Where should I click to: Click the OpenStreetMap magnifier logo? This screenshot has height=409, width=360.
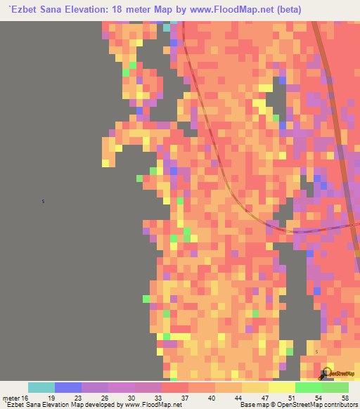[x=326, y=374]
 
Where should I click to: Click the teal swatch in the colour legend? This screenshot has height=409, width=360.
[x=41, y=387]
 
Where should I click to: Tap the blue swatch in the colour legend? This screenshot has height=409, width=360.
[x=68, y=387]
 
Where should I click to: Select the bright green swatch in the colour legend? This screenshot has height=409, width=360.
[x=309, y=387]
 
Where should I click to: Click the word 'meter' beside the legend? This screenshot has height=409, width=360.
[x=11, y=397]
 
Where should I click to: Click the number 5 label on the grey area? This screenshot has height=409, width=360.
[x=44, y=202]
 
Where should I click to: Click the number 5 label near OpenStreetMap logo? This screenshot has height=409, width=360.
[x=317, y=351]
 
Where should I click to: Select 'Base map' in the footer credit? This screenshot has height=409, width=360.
[x=252, y=405]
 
